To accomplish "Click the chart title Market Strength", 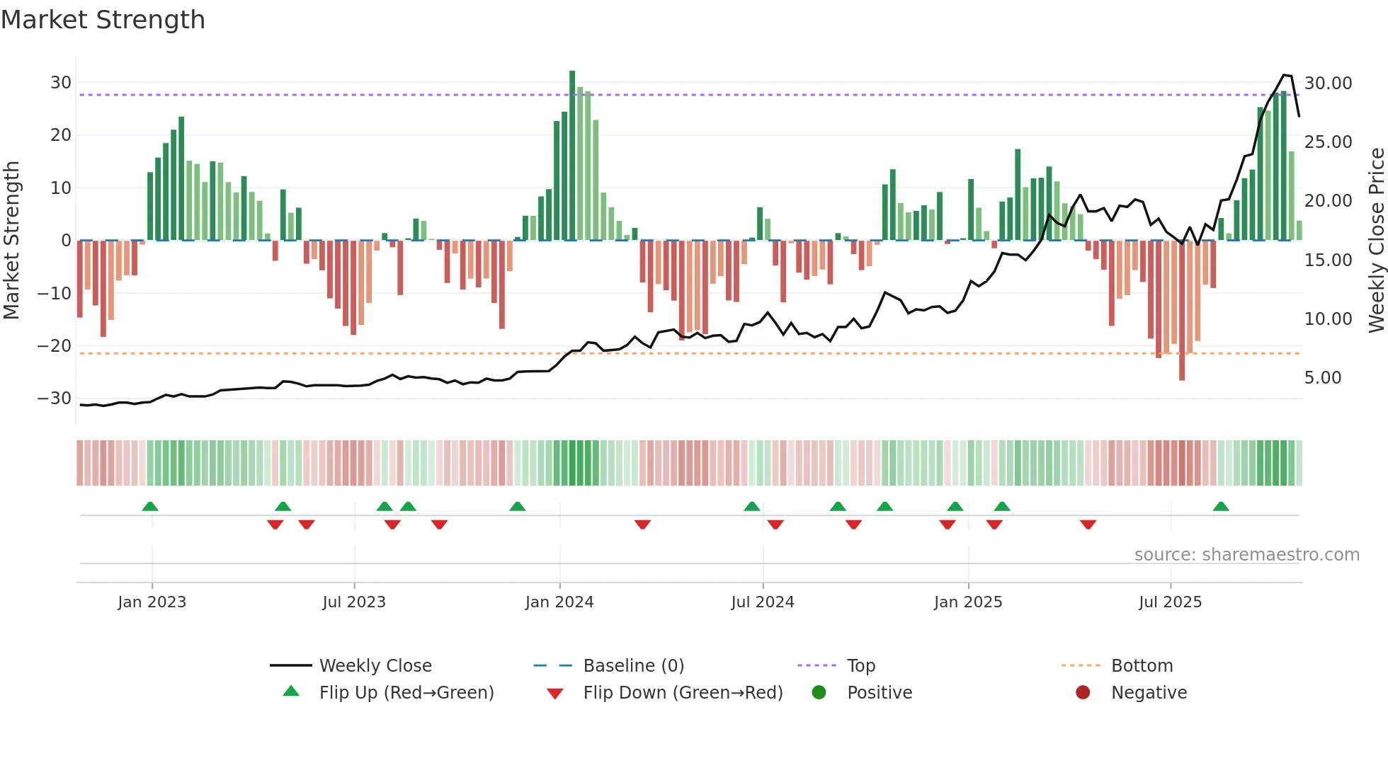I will tap(103, 20).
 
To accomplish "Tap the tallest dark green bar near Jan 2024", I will tap(572, 156).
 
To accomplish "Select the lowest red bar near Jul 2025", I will tap(1182, 311).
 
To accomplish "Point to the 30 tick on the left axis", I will tap(61, 83).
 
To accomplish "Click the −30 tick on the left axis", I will tap(55, 398).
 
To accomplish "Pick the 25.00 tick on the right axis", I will tap(1328, 142).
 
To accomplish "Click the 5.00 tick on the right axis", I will tap(1322, 378).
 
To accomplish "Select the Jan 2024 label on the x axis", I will tap(559, 602).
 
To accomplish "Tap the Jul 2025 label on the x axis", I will tap(1170, 602).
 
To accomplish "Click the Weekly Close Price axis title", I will tap(1376, 241).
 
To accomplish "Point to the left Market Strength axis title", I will tap(11, 241).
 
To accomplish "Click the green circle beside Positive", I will tap(819, 693).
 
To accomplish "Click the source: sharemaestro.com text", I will tap(1246, 555).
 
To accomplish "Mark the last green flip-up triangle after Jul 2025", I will tap(1221, 507).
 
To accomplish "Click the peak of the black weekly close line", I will tap(1284, 75).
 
